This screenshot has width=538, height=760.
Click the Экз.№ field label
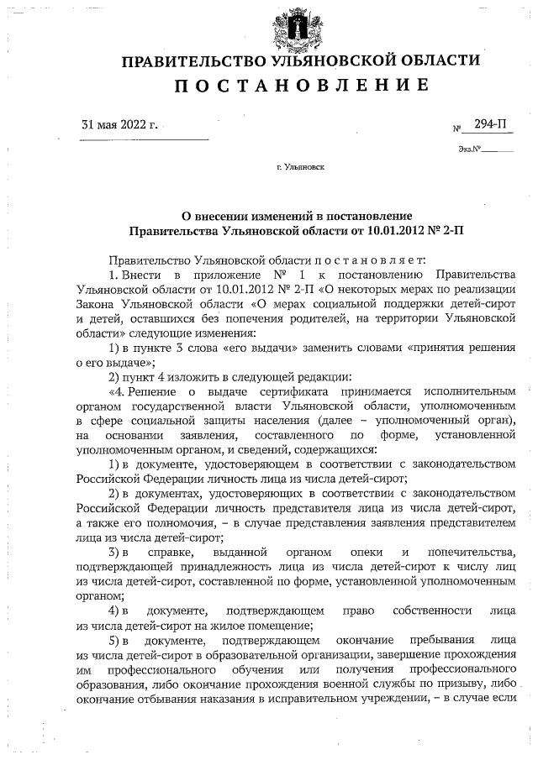coord(469,149)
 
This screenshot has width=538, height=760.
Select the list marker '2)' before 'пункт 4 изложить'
coord(117,376)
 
